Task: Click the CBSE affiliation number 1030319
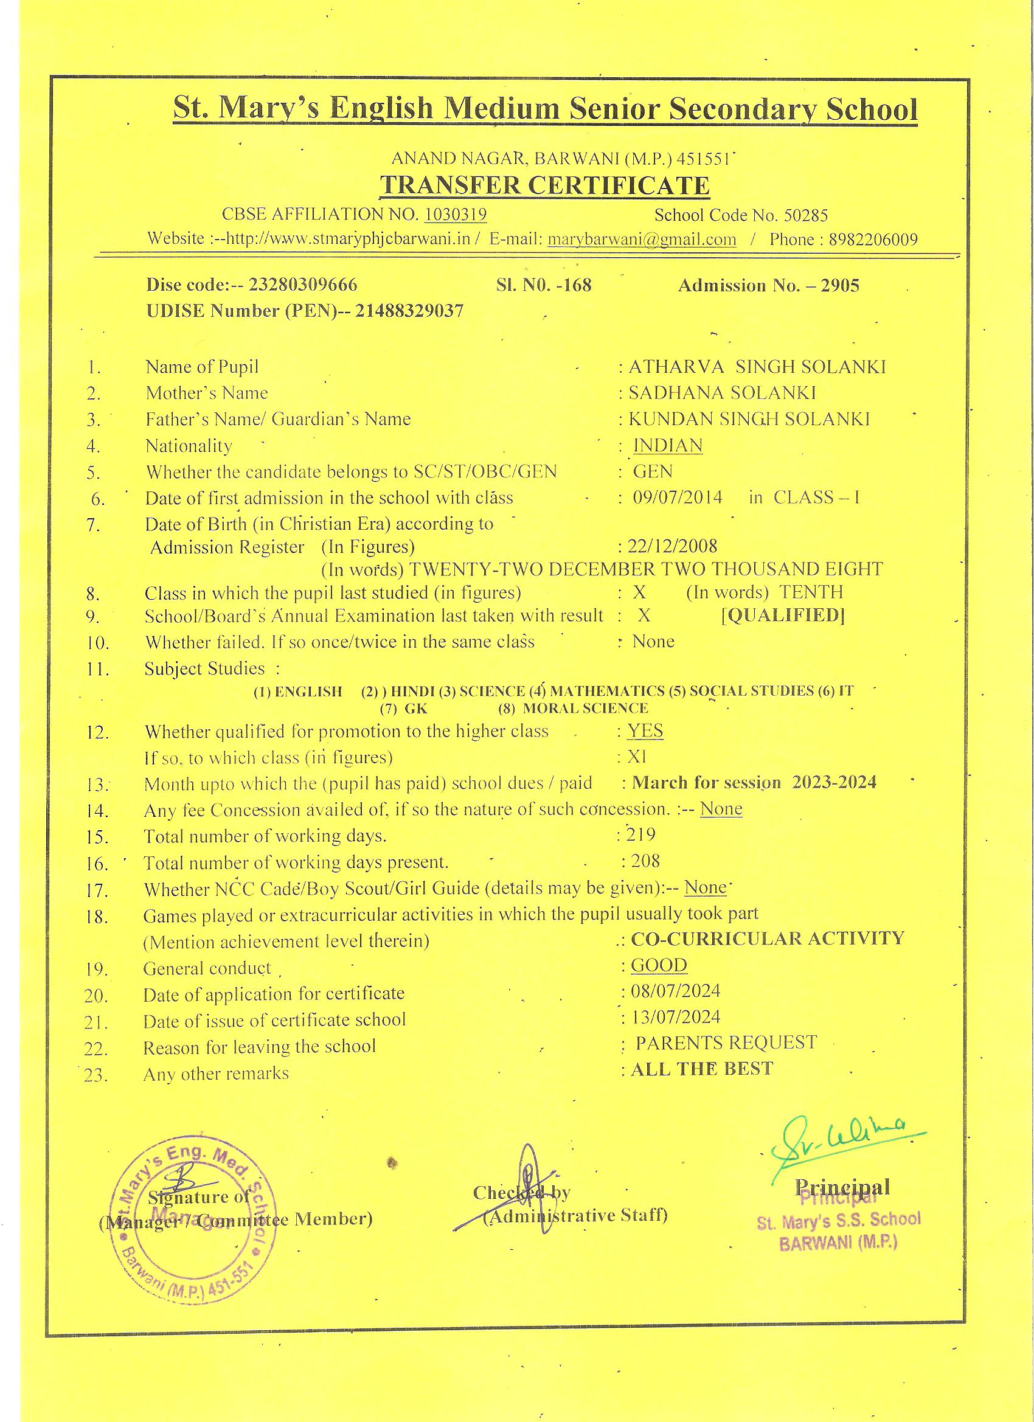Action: point(455,215)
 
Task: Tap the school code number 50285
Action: point(805,216)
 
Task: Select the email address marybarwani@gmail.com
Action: point(642,240)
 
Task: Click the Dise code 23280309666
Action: point(303,285)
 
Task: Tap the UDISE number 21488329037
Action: point(409,311)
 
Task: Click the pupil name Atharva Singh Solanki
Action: point(757,367)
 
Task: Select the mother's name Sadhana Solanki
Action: point(723,393)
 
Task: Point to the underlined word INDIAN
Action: point(668,445)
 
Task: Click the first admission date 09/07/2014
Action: point(677,498)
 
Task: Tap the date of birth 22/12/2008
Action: point(672,546)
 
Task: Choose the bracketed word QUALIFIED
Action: point(783,615)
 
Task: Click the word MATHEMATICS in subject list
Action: point(606,691)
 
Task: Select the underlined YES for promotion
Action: point(646,731)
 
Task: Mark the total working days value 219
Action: point(642,834)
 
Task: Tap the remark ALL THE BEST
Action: point(702,1069)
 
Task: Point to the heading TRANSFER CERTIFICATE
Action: point(545,186)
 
